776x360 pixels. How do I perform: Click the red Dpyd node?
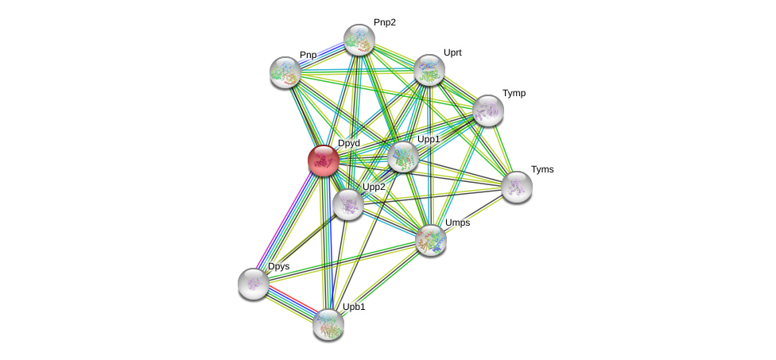point(324,160)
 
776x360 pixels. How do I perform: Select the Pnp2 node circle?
point(359,40)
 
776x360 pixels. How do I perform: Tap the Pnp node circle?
point(285,72)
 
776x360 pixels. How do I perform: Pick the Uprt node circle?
point(429,70)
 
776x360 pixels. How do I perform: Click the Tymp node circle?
point(488,110)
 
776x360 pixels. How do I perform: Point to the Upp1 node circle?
point(403,157)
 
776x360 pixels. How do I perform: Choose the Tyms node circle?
point(517,187)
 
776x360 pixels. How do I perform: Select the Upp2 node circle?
point(348,204)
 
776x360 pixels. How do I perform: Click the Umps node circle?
point(431,240)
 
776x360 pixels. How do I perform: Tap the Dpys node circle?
point(254,284)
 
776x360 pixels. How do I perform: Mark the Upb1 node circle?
point(328,324)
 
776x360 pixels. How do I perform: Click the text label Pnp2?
point(385,22)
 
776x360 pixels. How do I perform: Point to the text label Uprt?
point(452,52)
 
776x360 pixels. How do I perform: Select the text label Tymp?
point(514,93)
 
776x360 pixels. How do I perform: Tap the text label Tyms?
point(542,169)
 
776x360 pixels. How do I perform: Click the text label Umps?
point(457,223)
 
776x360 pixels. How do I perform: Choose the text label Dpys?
point(278,266)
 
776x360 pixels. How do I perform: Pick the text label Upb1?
point(354,307)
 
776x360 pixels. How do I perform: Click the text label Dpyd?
point(349,143)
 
